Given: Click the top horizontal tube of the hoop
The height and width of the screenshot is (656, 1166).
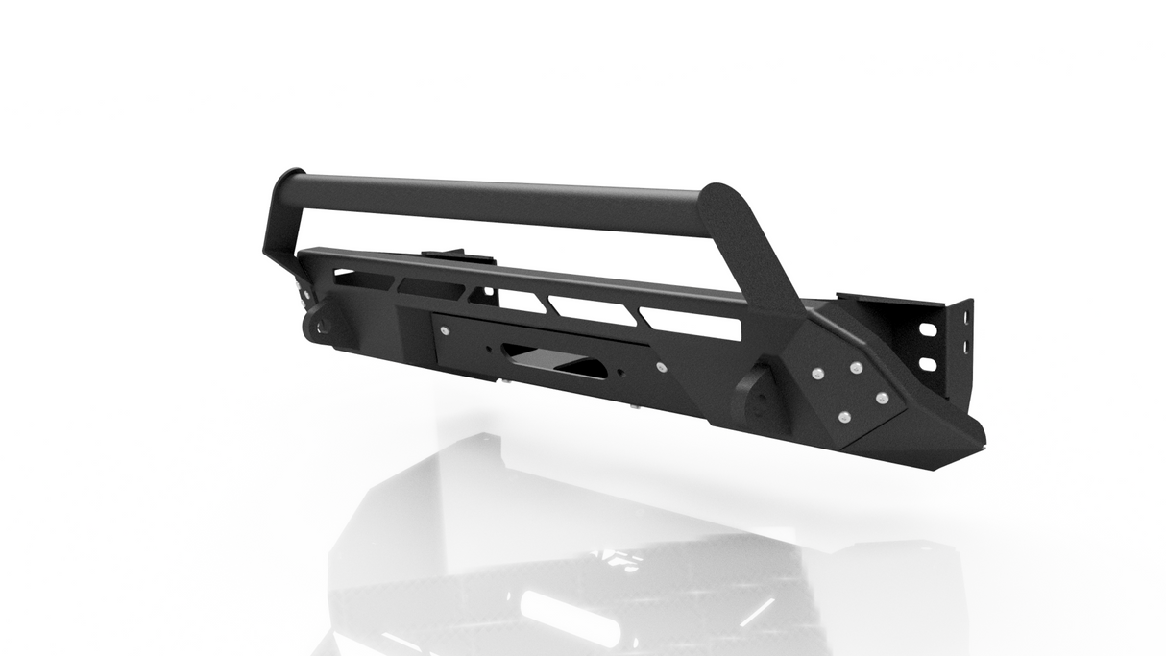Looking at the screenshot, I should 499,200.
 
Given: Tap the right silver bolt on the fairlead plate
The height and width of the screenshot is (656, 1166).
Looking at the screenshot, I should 660,368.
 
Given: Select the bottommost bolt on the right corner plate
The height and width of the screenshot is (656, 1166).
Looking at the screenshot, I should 843,416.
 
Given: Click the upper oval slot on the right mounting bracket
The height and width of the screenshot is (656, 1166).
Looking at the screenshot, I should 929,329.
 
